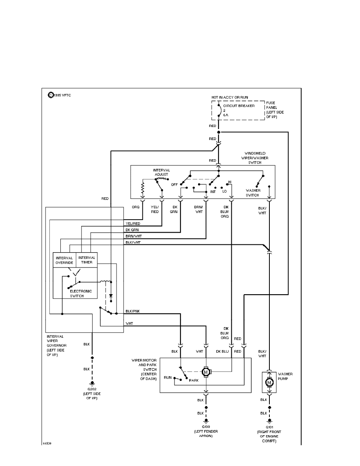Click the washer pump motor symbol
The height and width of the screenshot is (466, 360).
[x=269, y=381]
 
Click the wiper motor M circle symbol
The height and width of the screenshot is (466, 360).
[x=206, y=371]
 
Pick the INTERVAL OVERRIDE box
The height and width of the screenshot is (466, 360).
[x=64, y=260]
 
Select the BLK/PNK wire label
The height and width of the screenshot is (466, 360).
[x=133, y=311]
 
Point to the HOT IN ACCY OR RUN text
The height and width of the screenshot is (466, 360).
[x=230, y=97]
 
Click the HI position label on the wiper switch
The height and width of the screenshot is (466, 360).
[x=230, y=182]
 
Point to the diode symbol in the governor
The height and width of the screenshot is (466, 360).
[x=111, y=295]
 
